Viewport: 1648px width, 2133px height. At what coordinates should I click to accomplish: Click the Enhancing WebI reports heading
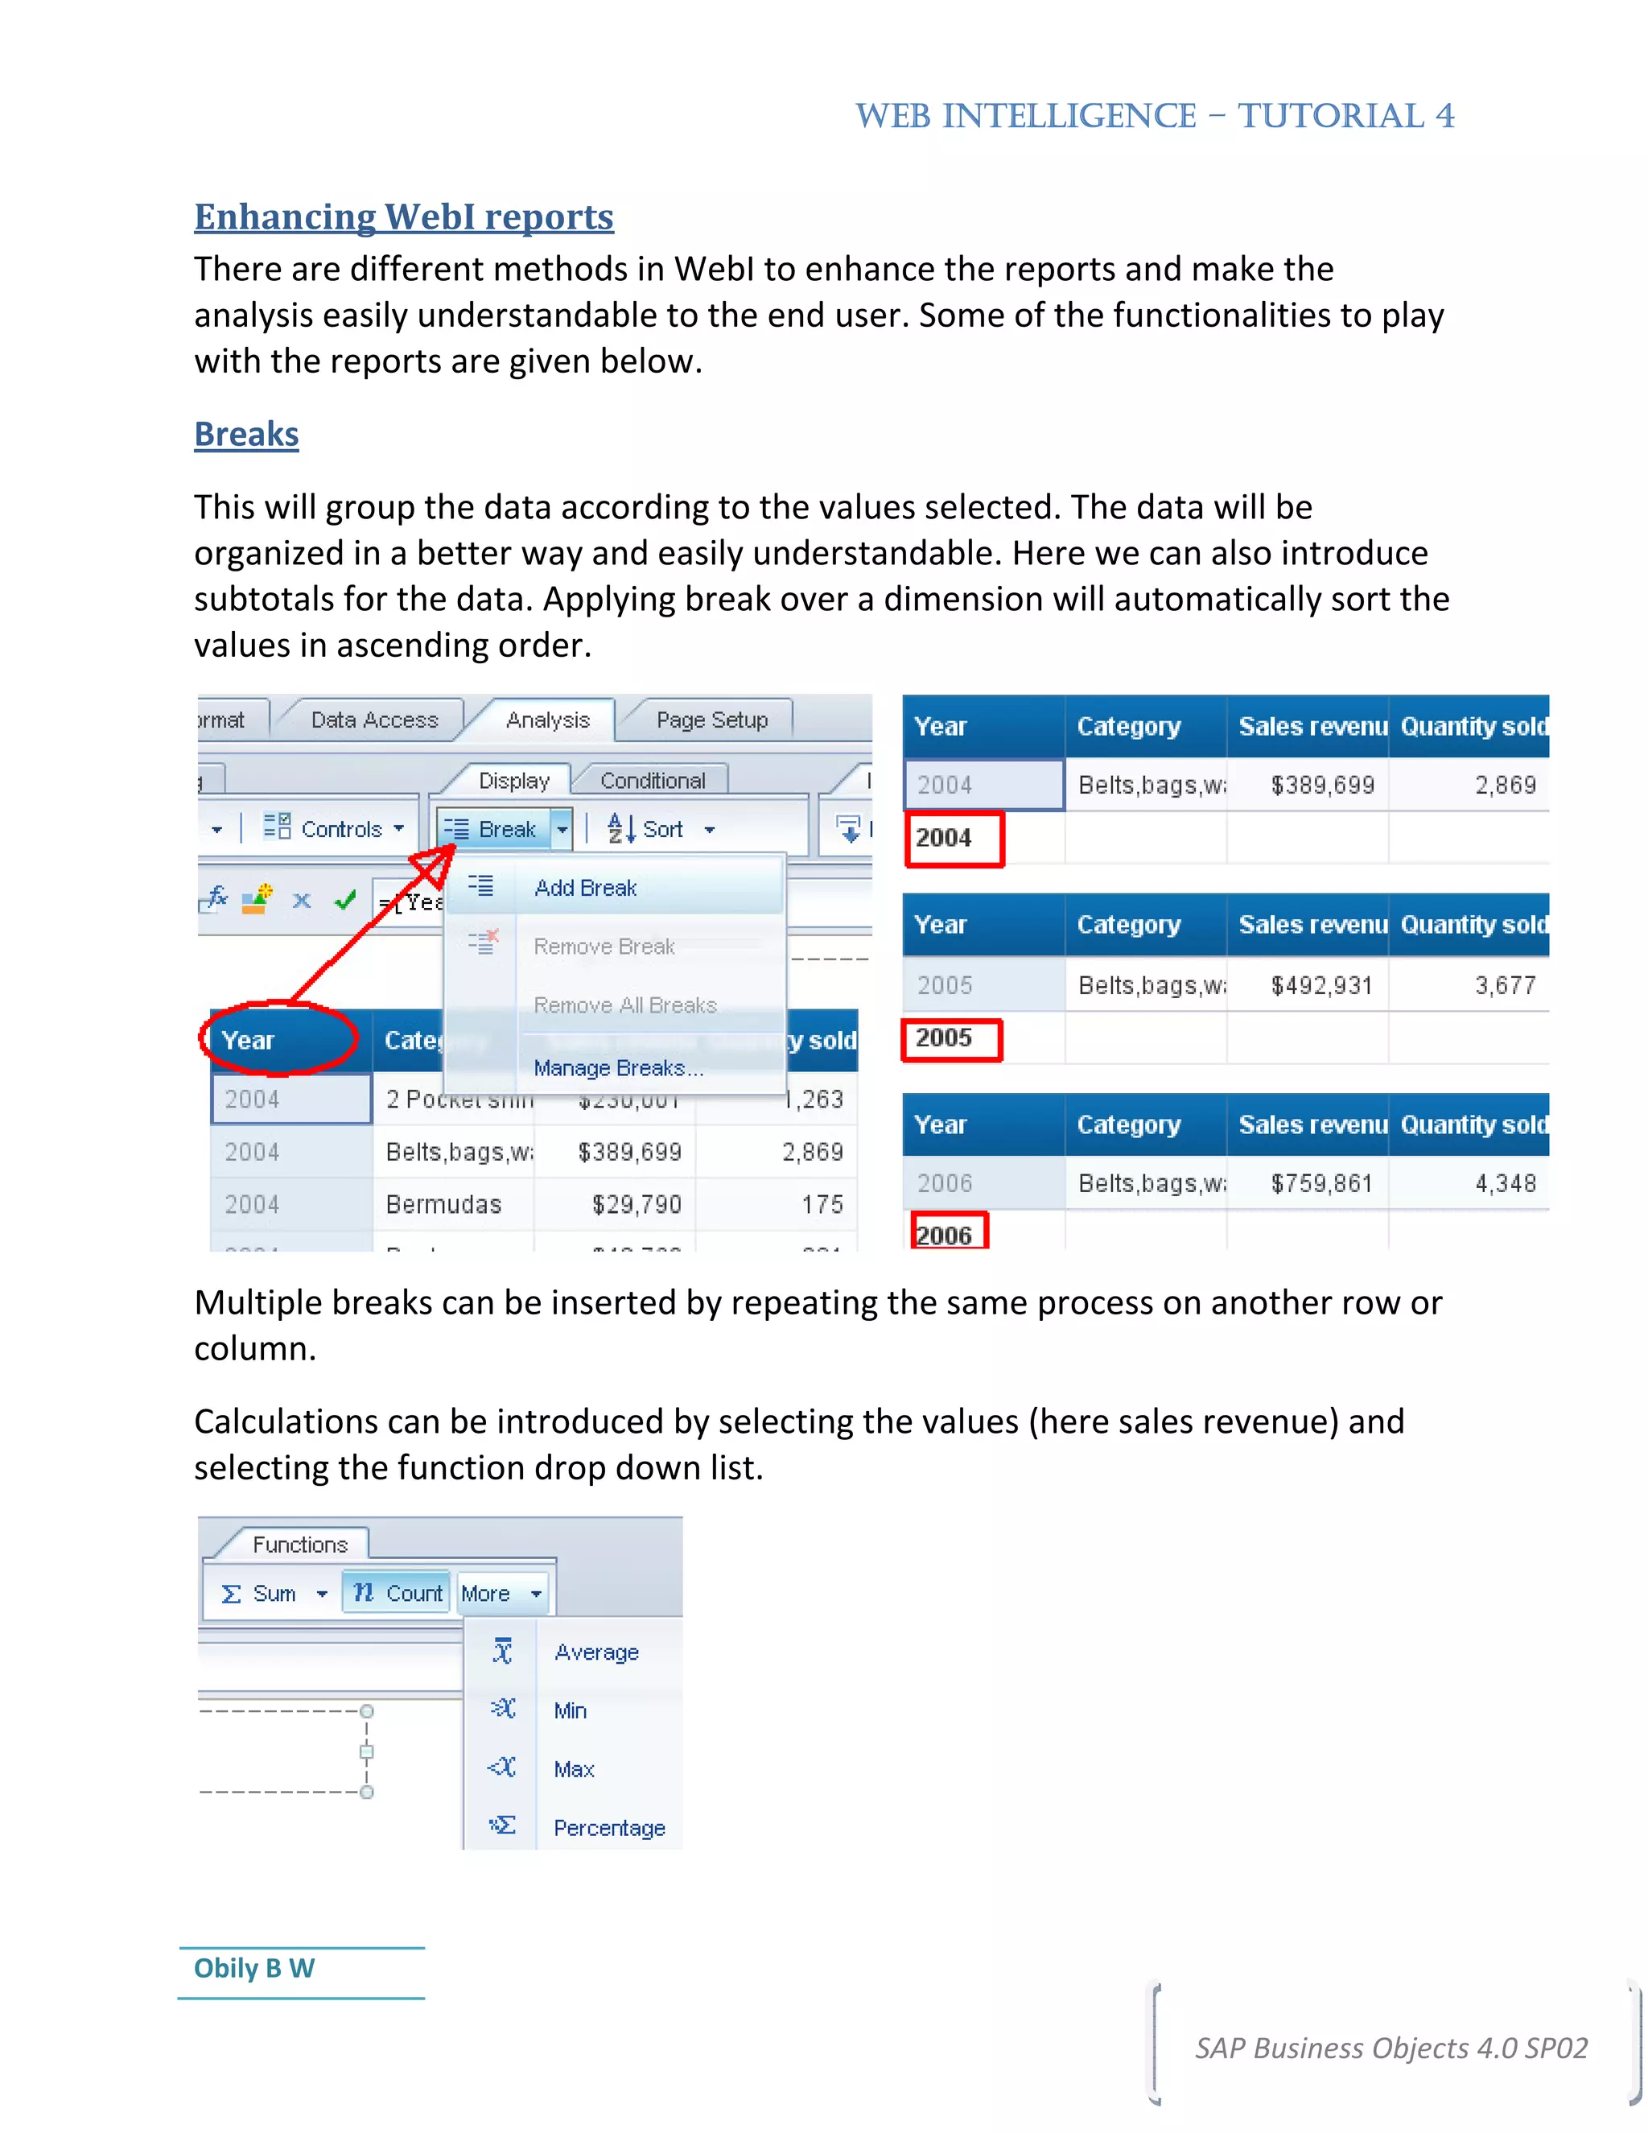click(x=403, y=217)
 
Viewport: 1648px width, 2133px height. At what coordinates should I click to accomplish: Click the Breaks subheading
click(x=246, y=434)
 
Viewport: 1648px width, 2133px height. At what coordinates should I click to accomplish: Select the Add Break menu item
click(x=585, y=888)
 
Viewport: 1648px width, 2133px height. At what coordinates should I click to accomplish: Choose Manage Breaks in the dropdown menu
click(x=617, y=1068)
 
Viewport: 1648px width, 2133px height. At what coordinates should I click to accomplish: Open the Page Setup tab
click(x=711, y=720)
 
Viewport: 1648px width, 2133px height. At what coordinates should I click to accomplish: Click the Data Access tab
click(x=374, y=720)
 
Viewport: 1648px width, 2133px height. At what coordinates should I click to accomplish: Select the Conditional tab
click(x=652, y=780)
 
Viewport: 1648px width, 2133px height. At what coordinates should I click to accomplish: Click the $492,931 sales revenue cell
click(x=1321, y=985)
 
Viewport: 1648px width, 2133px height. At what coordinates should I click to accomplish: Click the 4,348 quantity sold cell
click(x=1505, y=1184)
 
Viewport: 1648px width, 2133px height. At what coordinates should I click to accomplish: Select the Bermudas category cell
click(x=443, y=1204)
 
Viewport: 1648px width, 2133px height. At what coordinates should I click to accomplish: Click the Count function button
click(x=398, y=1593)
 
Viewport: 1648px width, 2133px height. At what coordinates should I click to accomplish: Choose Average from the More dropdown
click(x=595, y=1652)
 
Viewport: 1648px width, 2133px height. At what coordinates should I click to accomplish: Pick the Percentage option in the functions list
click(x=608, y=1828)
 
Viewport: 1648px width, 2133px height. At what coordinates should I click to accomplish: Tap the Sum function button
click(x=261, y=1593)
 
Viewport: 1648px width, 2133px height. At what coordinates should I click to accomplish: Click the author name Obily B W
click(x=253, y=1968)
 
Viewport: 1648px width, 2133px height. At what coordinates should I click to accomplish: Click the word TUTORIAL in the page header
click(x=1331, y=116)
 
